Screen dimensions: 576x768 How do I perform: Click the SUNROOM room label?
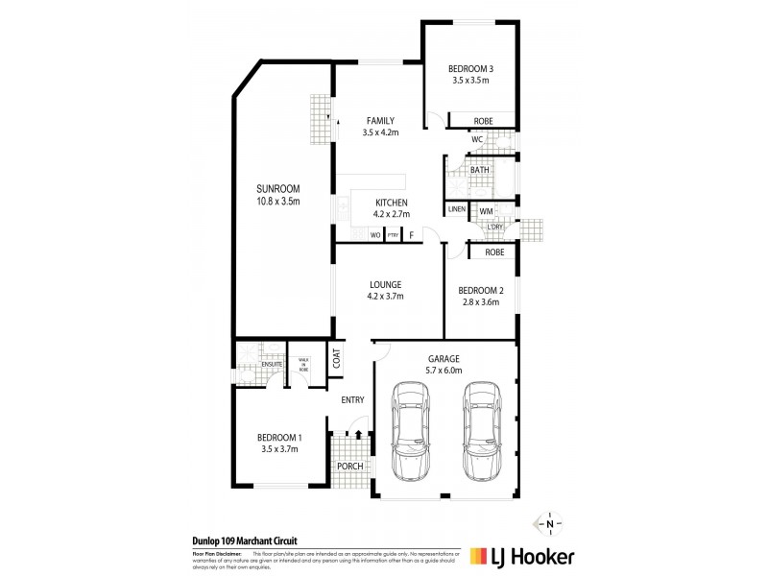pos(278,188)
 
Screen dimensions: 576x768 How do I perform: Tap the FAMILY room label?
pos(380,120)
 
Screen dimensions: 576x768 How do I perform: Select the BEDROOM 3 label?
pos(470,68)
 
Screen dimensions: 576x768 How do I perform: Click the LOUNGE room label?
pos(385,284)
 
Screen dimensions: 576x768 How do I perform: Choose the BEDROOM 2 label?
pos(480,290)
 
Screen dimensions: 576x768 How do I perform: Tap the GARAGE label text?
pos(444,357)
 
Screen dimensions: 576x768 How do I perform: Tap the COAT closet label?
pos(337,359)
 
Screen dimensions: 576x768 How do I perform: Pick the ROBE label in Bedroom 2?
pos(494,252)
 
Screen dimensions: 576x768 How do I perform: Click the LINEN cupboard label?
pos(457,209)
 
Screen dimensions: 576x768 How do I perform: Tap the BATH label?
pos(479,170)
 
